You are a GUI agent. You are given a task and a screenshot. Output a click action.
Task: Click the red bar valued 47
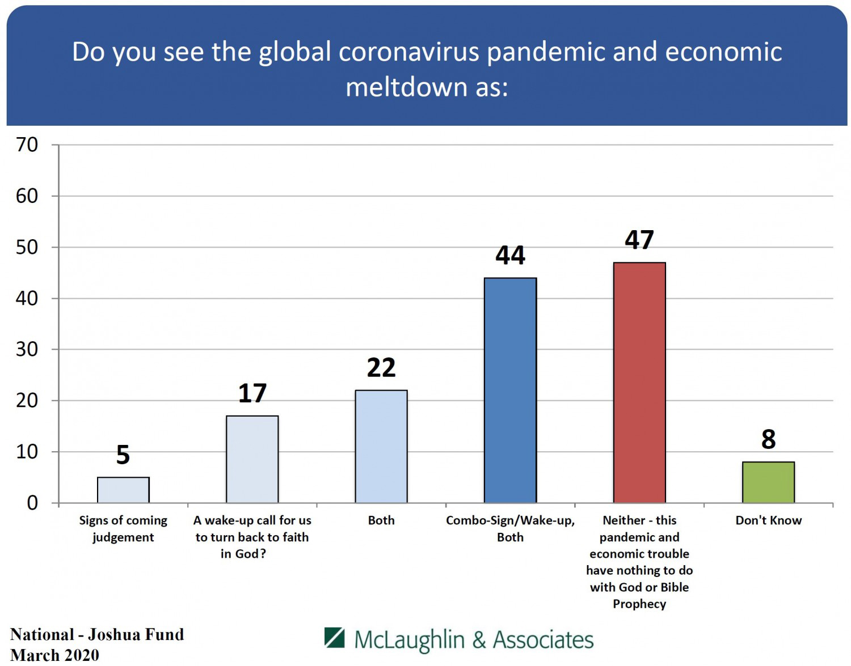click(x=639, y=383)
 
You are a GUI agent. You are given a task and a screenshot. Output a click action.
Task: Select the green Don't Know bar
click(x=768, y=482)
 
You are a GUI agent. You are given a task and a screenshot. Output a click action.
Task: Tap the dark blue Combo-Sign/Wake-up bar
click(x=510, y=391)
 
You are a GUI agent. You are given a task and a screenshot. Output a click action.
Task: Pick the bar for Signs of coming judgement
click(x=123, y=490)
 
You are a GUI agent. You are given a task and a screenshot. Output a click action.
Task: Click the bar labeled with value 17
click(x=252, y=459)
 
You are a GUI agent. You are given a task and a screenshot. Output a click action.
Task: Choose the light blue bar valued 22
click(x=381, y=447)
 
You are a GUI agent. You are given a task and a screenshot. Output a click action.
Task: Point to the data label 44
click(x=510, y=256)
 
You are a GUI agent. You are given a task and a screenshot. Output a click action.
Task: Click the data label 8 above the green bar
click(x=768, y=439)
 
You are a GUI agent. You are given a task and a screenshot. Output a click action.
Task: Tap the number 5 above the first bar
click(x=123, y=455)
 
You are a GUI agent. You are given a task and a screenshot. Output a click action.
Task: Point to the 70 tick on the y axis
click(x=27, y=145)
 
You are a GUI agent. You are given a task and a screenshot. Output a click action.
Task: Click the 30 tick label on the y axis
click(x=27, y=349)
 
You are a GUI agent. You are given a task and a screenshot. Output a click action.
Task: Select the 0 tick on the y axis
click(x=32, y=503)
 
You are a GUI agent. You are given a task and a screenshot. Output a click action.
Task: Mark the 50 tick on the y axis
click(x=27, y=247)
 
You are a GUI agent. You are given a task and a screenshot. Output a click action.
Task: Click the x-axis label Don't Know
click(x=768, y=520)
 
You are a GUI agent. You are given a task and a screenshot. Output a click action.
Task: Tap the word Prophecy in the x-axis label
click(x=639, y=604)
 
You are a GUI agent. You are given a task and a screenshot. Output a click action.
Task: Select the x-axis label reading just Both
click(x=381, y=520)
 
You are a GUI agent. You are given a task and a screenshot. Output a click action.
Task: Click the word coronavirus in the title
click(x=408, y=52)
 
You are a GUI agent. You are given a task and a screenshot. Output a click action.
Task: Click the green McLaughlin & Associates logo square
click(x=334, y=638)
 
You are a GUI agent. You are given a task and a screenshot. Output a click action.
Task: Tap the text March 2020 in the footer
click(x=55, y=655)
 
